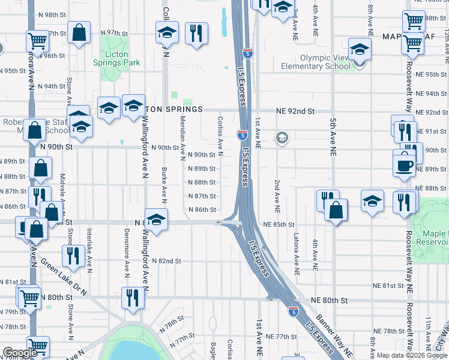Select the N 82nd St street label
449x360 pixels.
point(166,262)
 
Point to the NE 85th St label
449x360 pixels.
point(279,224)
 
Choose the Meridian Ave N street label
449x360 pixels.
point(182,138)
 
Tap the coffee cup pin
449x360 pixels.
point(405,163)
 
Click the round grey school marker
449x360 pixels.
point(281,139)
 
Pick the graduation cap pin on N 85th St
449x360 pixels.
point(156,220)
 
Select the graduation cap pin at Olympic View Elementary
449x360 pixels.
point(360,49)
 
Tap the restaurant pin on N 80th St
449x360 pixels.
point(131,297)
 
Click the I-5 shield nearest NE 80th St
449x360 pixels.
point(292,311)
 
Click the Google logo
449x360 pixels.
point(20,353)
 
